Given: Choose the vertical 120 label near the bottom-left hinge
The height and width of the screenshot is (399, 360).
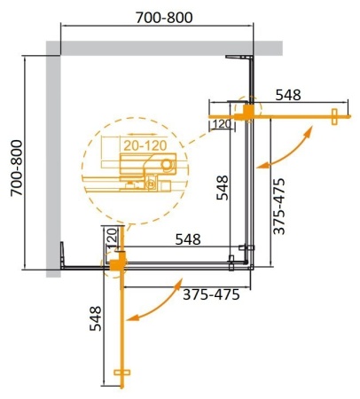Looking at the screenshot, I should click(x=112, y=238).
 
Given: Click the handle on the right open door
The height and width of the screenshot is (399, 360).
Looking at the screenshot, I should click(x=334, y=116).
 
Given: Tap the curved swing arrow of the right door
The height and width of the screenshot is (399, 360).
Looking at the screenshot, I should click(x=290, y=146).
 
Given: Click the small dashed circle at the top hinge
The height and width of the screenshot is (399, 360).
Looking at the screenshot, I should click(x=244, y=110).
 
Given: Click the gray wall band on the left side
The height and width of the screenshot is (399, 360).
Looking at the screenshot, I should click(x=51, y=164).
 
